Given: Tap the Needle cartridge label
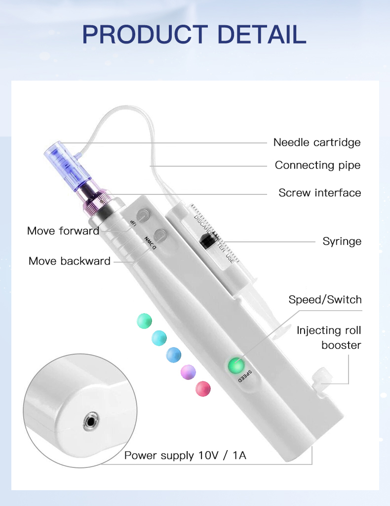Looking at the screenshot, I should [317, 142].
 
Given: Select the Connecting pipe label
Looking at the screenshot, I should [317, 165].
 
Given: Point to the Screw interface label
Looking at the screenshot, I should [319, 192].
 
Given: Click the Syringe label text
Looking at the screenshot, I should [342, 241].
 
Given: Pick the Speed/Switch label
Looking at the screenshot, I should [325, 300].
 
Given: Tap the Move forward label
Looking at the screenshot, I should [63, 230].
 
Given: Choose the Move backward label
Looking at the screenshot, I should [70, 261].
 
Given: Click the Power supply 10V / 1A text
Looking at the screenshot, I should [185, 455].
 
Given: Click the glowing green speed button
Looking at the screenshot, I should [236, 365].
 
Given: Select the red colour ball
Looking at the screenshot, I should [203, 389].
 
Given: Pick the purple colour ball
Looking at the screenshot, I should [188, 371].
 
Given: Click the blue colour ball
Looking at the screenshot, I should [173, 354].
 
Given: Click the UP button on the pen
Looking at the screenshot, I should [144, 215].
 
